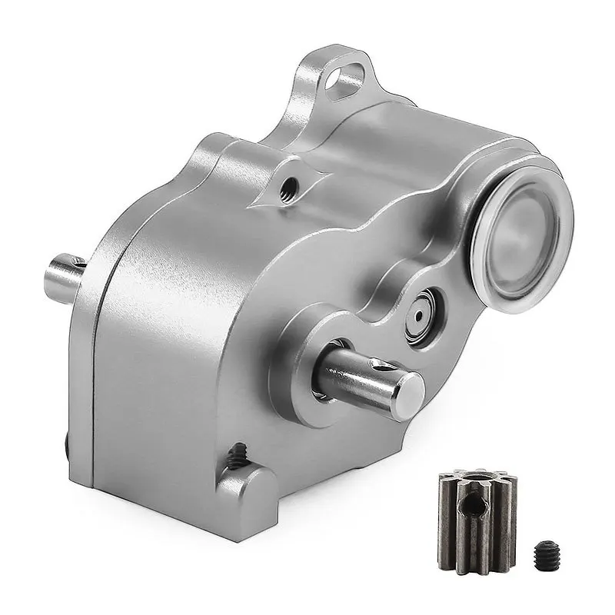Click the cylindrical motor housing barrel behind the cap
click(x=430, y=161)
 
